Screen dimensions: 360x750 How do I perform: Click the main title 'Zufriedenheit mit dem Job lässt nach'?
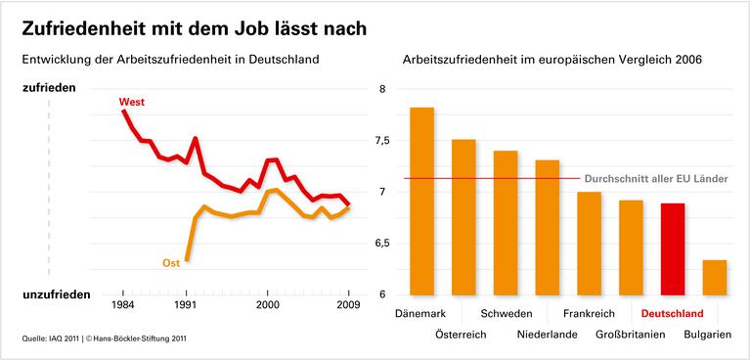point(195,28)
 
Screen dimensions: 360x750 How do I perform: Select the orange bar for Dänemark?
point(421,201)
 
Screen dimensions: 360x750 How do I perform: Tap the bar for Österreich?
point(463,216)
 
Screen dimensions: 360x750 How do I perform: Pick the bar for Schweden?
point(506,222)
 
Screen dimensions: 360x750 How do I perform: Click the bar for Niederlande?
point(548,227)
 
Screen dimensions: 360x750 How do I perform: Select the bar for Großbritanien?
point(631,247)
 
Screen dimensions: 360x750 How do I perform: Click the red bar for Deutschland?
point(673,248)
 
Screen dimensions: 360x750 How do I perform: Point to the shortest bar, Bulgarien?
point(715,277)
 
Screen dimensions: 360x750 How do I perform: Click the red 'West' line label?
point(131,102)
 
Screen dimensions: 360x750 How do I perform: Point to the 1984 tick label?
point(123,305)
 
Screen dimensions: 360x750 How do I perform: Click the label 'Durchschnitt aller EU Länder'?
point(655,179)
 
